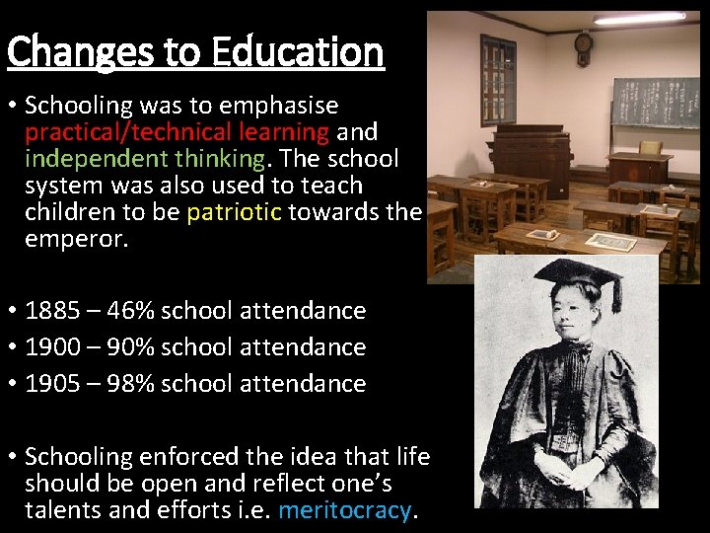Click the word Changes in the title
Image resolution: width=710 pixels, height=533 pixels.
tap(79, 51)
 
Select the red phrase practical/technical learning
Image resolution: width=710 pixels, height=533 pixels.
tap(177, 132)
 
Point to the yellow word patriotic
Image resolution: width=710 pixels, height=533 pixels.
tap(235, 212)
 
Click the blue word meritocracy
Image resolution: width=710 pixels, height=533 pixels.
tap(345, 510)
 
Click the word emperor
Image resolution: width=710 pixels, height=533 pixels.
tap(76, 239)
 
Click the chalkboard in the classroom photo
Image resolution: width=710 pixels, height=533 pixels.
tap(654, 102)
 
